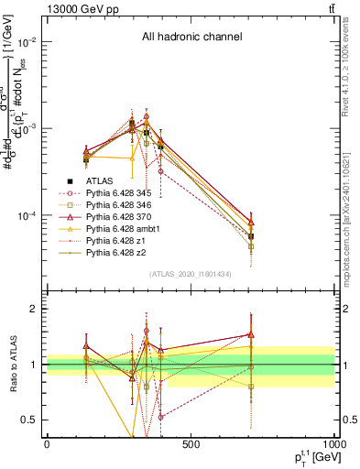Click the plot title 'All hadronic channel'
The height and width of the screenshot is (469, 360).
click(x=191, y=38)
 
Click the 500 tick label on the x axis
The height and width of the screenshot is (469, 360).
click(x=191, y=444)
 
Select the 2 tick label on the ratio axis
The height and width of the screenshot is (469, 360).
click(x=35, y=309)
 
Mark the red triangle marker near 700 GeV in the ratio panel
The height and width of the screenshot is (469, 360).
click(x=251, y=335)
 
